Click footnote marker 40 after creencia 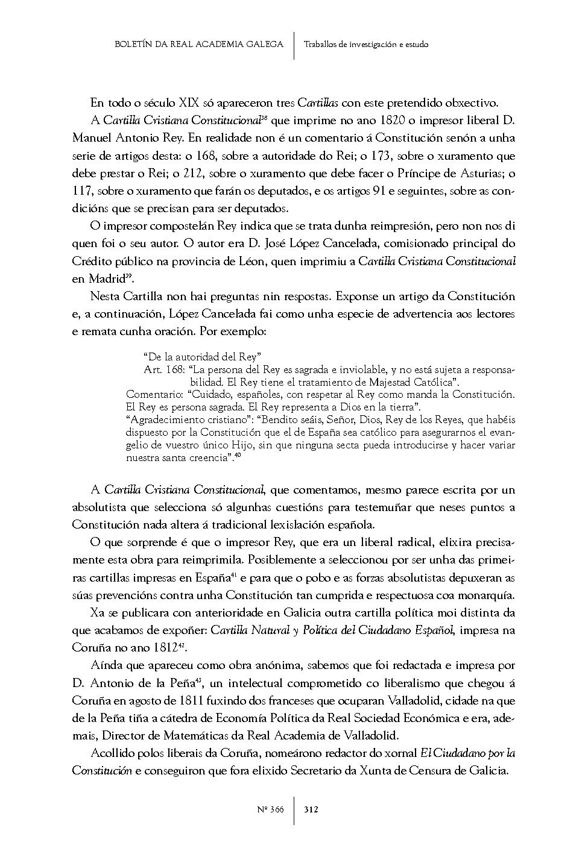pyautogui.click(x=238, y=456)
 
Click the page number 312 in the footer pyautogui.click(x=311, y=809)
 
